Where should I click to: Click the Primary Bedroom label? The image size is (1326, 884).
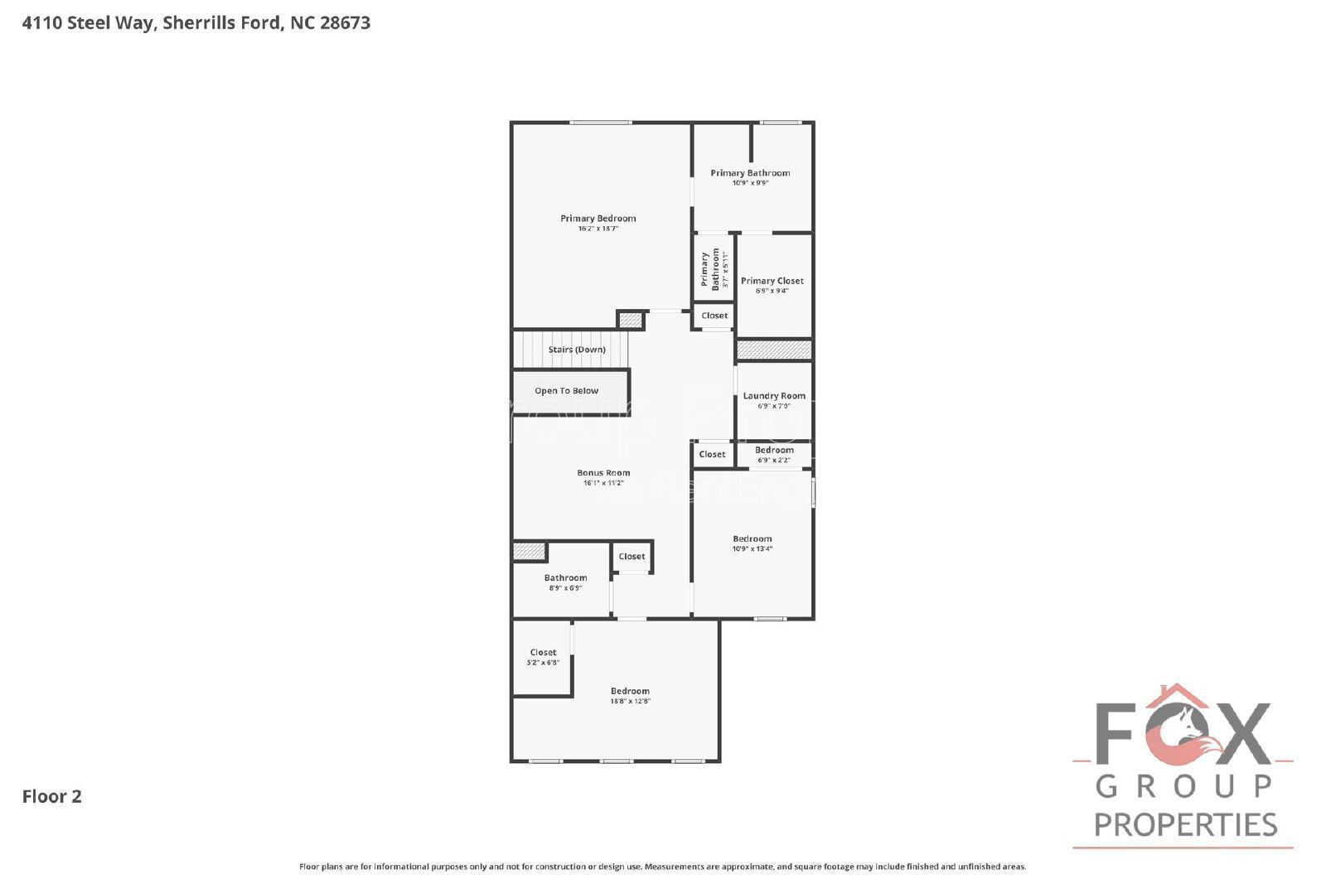598,219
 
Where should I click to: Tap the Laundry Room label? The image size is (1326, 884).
773,396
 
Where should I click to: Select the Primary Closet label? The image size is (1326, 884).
772,281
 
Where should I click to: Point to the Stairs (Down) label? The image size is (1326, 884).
577,350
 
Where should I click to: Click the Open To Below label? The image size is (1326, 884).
566,391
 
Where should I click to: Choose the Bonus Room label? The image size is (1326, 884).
603,473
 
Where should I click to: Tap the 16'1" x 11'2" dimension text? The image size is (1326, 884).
603,483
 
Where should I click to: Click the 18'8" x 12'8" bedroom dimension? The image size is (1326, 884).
630,701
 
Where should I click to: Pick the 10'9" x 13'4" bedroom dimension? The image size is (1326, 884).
752,548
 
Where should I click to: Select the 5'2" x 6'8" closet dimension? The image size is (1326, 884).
543,663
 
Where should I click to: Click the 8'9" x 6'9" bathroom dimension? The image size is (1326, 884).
565,588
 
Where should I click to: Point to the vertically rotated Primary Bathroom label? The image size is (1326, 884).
710,268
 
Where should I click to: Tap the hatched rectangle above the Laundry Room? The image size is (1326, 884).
774,350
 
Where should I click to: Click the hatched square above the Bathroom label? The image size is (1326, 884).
529,552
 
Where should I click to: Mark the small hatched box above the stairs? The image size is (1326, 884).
631,320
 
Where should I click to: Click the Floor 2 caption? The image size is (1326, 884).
51,796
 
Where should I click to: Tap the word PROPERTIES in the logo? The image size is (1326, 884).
1185,824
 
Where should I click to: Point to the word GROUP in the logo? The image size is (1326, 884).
1184,785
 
